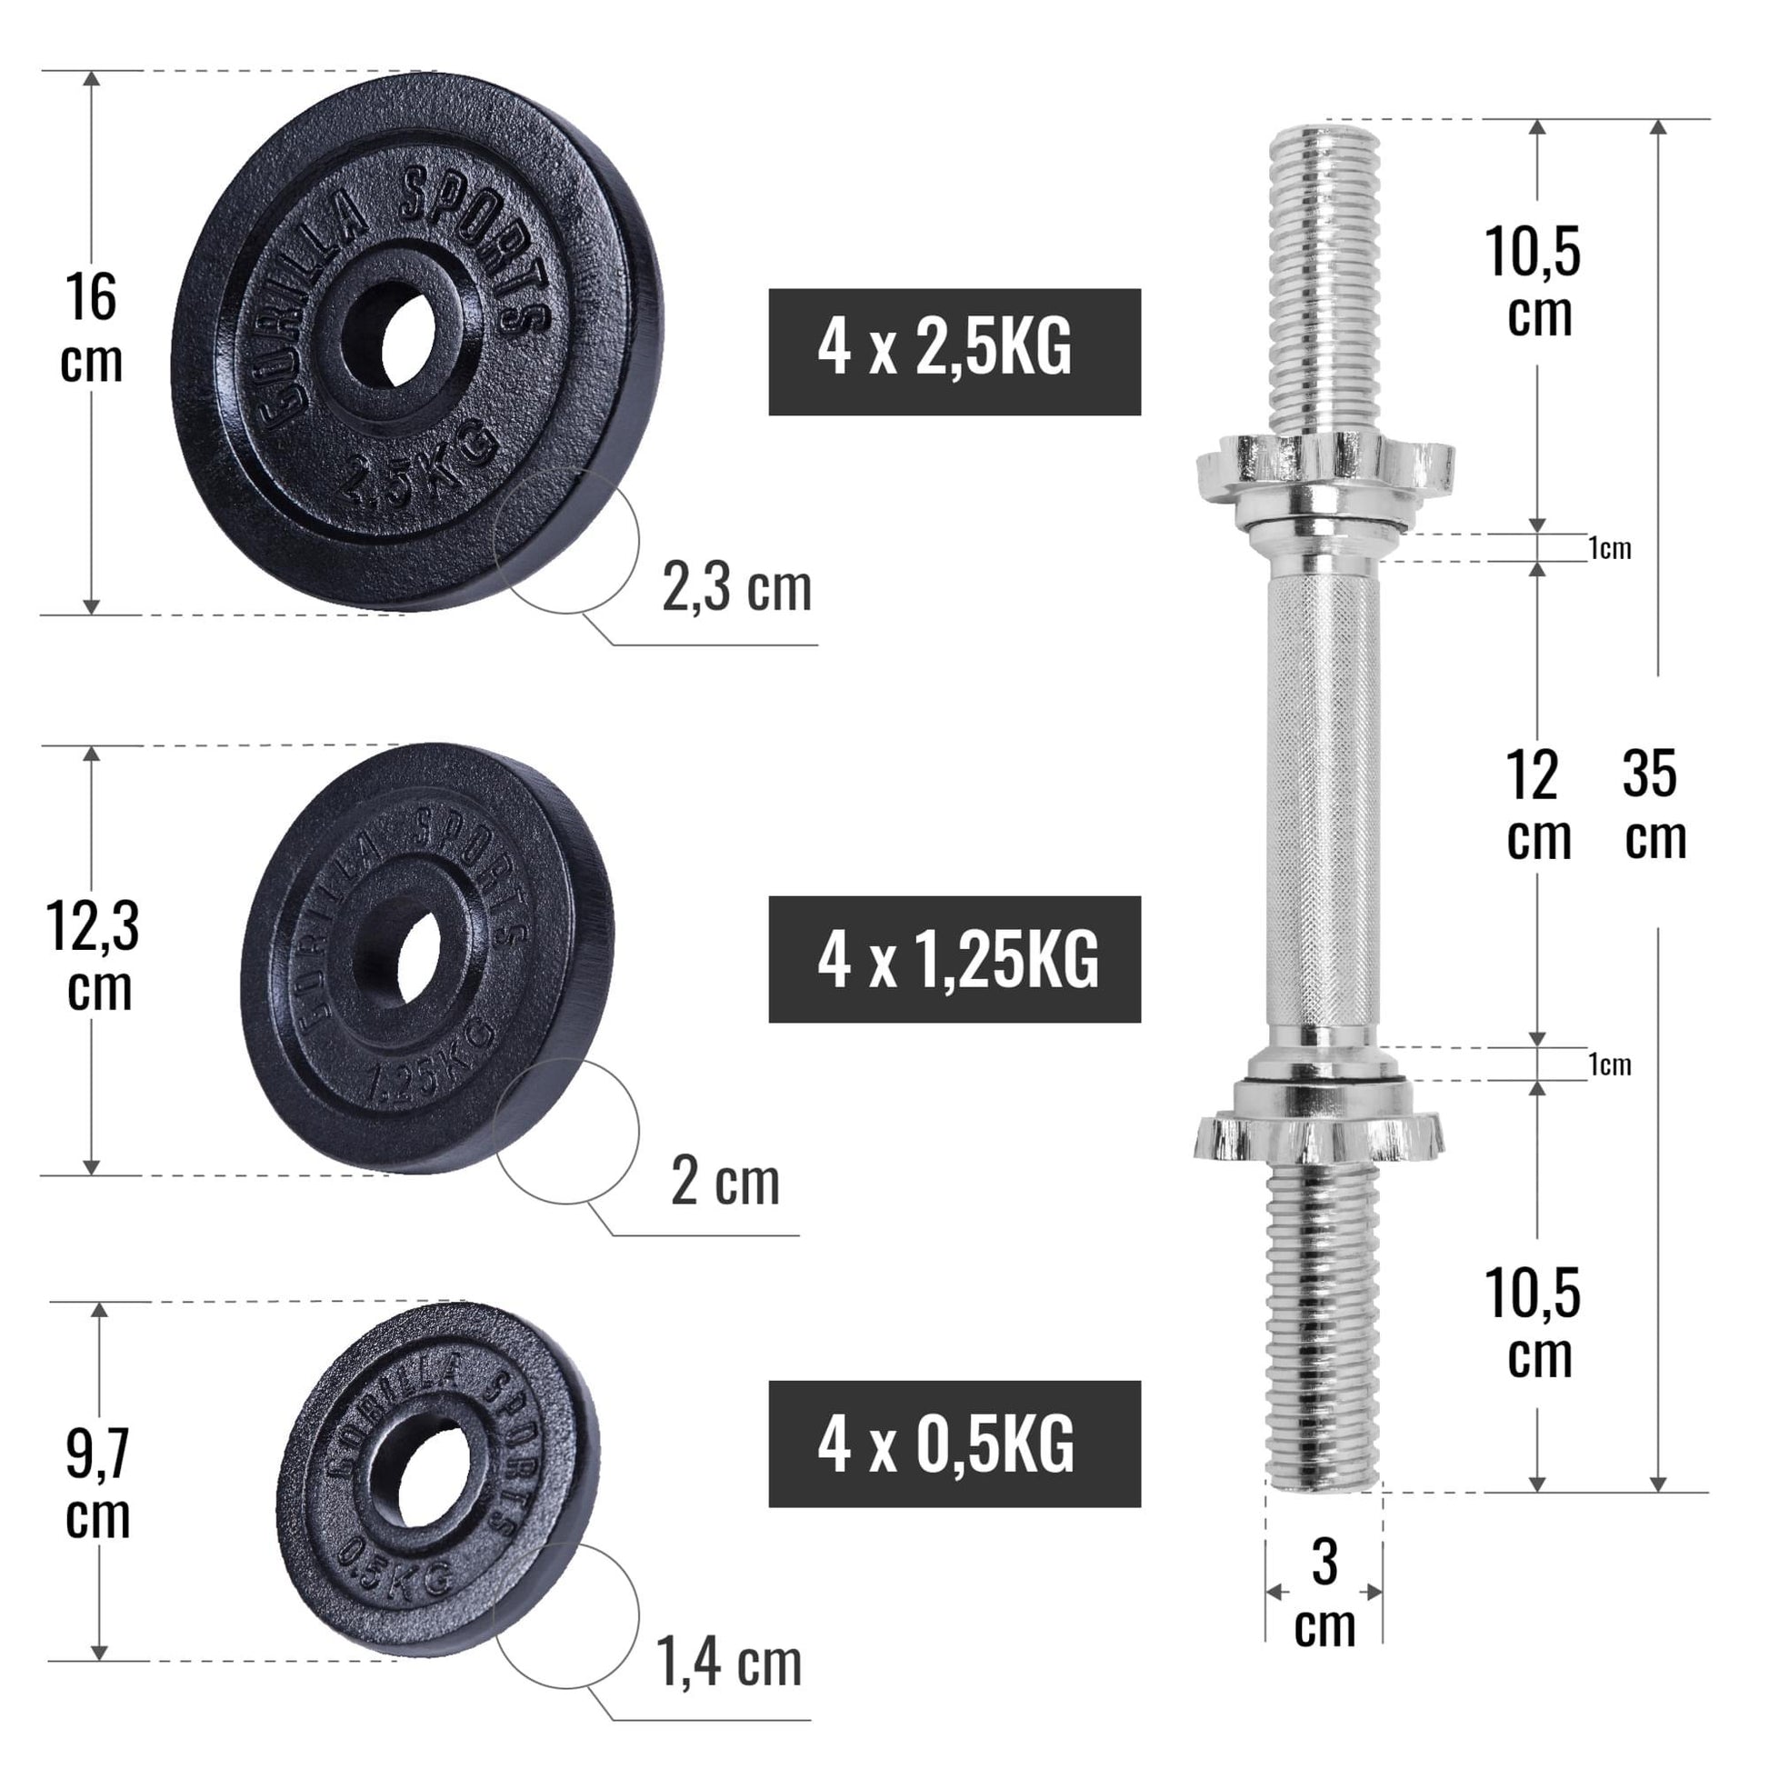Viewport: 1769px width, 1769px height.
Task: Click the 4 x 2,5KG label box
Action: click(954, 352)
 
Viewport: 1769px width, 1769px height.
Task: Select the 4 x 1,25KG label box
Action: click(954, 959)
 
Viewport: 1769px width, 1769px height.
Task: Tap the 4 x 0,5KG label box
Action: click(954, 1444)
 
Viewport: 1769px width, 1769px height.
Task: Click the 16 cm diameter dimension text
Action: click(92, 328)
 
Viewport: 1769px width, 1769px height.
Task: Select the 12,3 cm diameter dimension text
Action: click(94, 956)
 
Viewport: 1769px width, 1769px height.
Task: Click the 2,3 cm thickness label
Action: click(736, 589)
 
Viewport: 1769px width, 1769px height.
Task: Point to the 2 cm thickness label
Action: click(725, 1181)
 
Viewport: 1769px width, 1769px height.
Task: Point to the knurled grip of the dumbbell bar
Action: click(1323, 805)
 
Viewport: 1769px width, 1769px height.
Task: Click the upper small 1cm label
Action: click(1610, 548)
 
